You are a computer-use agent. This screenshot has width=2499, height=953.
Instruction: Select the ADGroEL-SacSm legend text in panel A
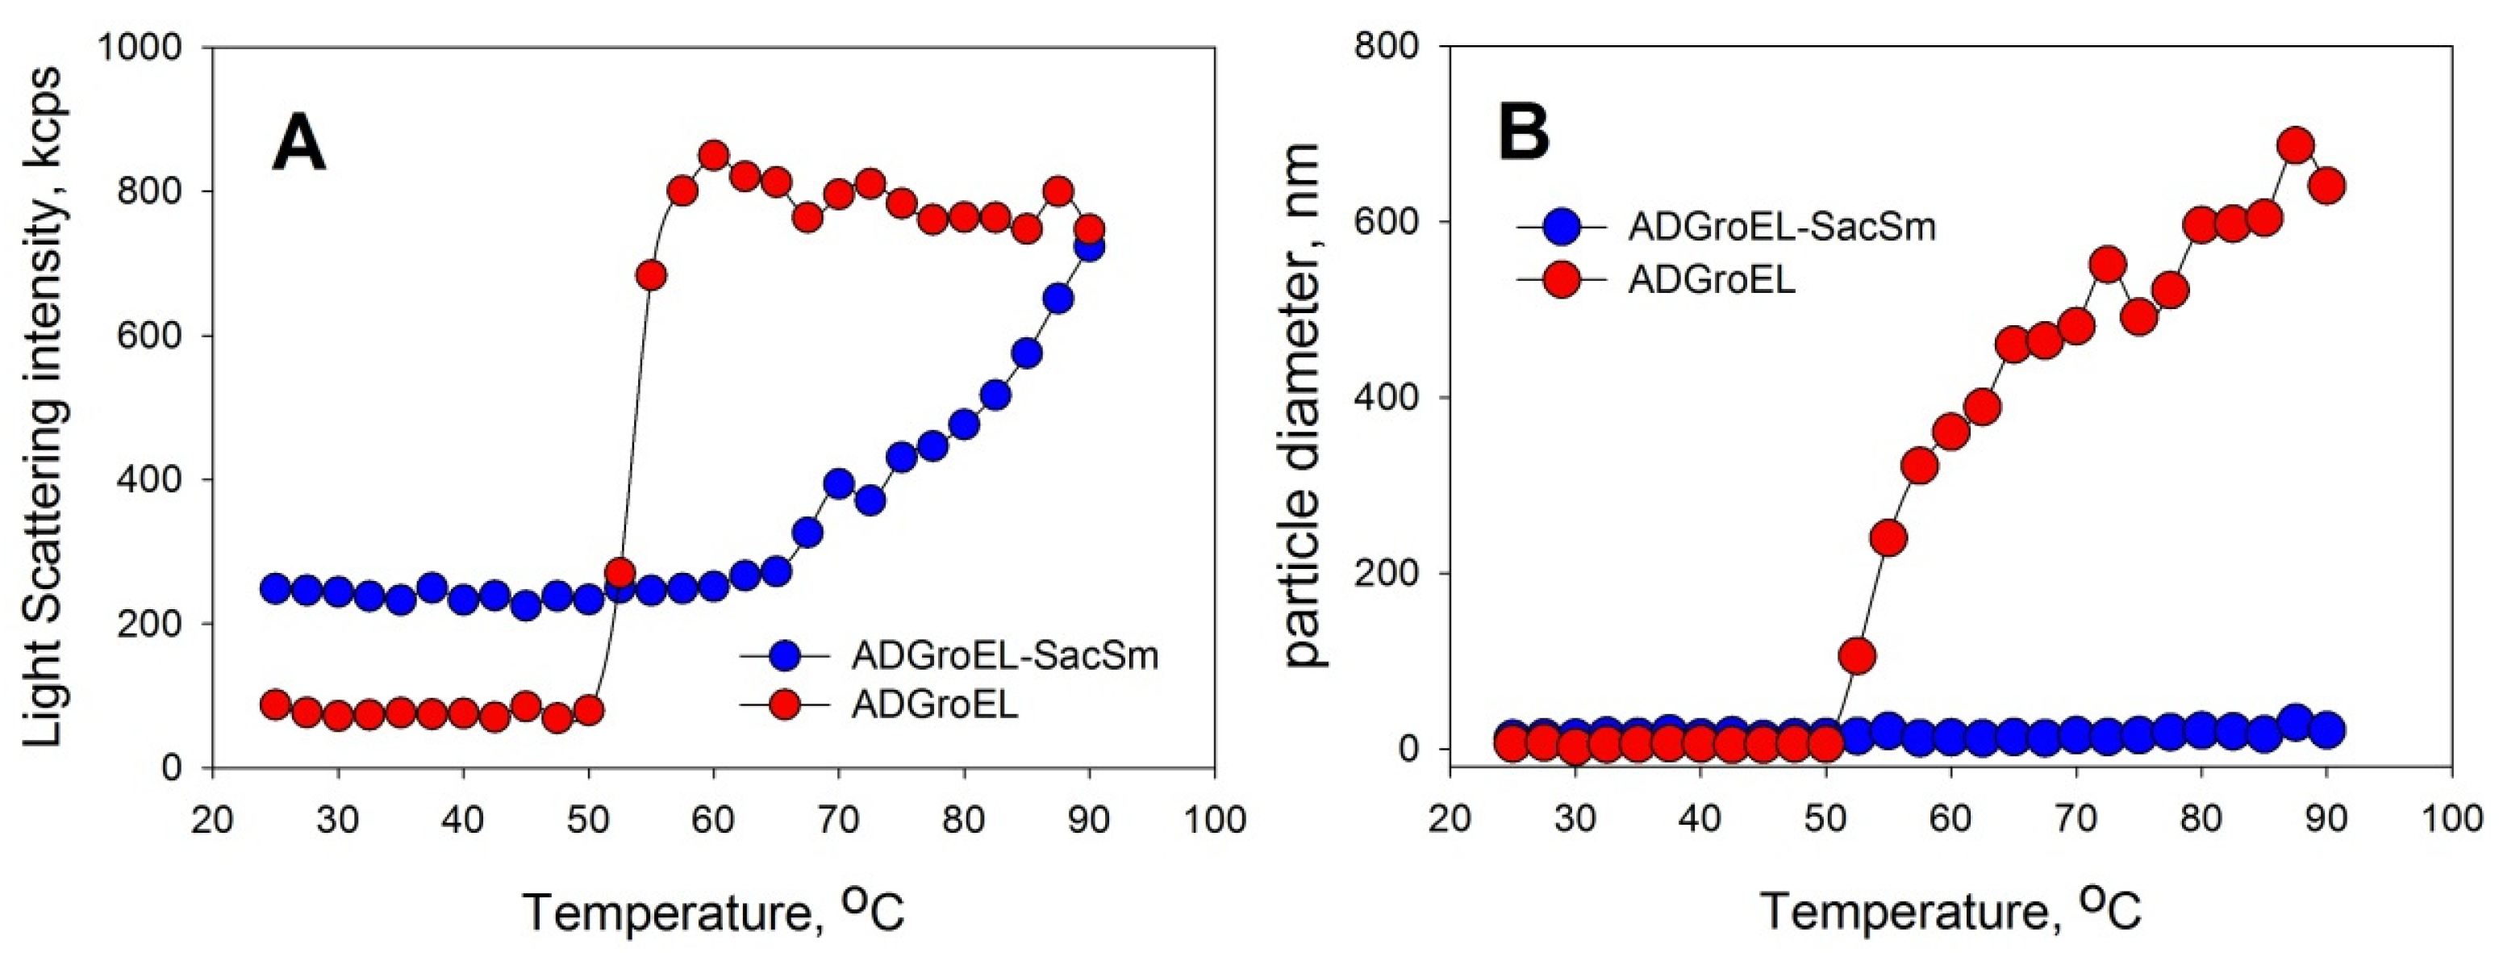pyautogui.click(x=1005, y=656)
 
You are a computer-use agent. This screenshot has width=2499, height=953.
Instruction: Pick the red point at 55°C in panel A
pyautogui.click(x=651, y=276)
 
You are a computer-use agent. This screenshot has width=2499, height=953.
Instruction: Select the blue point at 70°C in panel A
pyautogui.click(x=838, y=483)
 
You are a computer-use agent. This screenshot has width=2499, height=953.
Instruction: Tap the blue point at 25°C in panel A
pyautogui.click(x=276, y=588)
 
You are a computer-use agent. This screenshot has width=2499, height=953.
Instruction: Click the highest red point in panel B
pyautogui.click(x=2295, y=145)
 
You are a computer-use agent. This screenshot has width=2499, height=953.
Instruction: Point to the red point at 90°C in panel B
pyautogui.click(x=2326, y=186)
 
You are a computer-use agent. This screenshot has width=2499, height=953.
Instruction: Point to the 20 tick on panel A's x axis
pyautogui.click(x=211, y=820)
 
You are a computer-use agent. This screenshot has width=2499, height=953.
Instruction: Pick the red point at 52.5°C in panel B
pyautogui.click(x=1857, y=656)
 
